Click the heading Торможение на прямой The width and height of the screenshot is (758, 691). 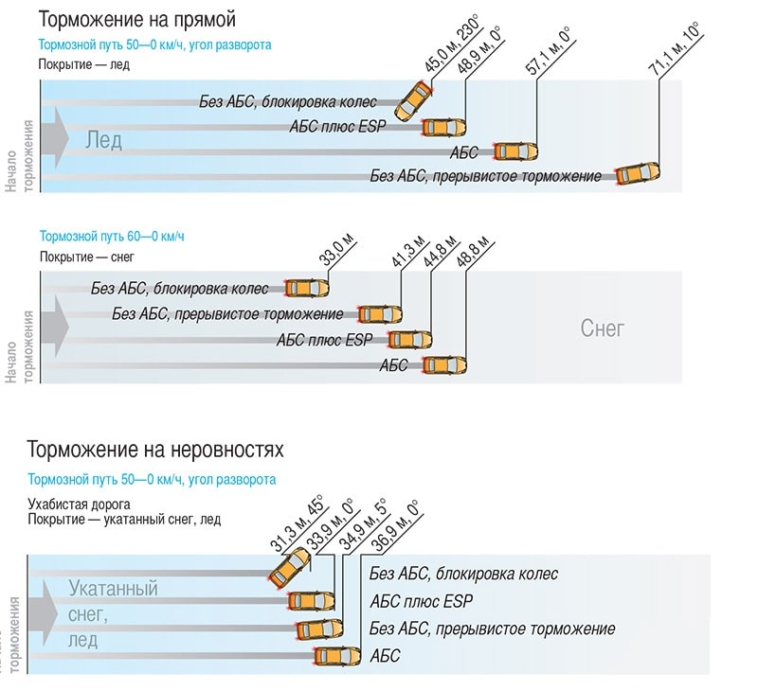[137, 19]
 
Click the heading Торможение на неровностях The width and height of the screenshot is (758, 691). [155, 449]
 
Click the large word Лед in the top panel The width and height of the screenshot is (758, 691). [103, 140]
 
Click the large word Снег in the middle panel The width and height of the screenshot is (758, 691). [602, 328]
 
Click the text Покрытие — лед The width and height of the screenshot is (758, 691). [84, 63]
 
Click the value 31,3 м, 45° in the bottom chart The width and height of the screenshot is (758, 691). [297, 523]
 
